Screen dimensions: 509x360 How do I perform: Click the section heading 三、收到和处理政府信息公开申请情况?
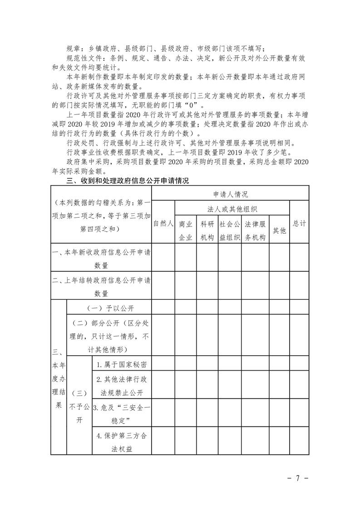128,181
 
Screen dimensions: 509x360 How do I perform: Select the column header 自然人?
163,224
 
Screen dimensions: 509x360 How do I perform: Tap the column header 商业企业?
186,230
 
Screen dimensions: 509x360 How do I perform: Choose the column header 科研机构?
207,230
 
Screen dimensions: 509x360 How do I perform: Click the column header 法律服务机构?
255,230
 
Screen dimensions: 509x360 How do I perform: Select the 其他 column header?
279,230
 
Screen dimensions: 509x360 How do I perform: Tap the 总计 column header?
300,224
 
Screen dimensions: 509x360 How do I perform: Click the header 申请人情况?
231,194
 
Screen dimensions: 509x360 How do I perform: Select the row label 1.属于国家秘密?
121,364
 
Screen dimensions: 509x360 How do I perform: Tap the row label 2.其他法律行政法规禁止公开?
121,386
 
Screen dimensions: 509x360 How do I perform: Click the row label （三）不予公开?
79,406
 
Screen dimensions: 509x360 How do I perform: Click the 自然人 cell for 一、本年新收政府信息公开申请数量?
163,257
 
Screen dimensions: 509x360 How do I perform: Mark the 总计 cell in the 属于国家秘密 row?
300,364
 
